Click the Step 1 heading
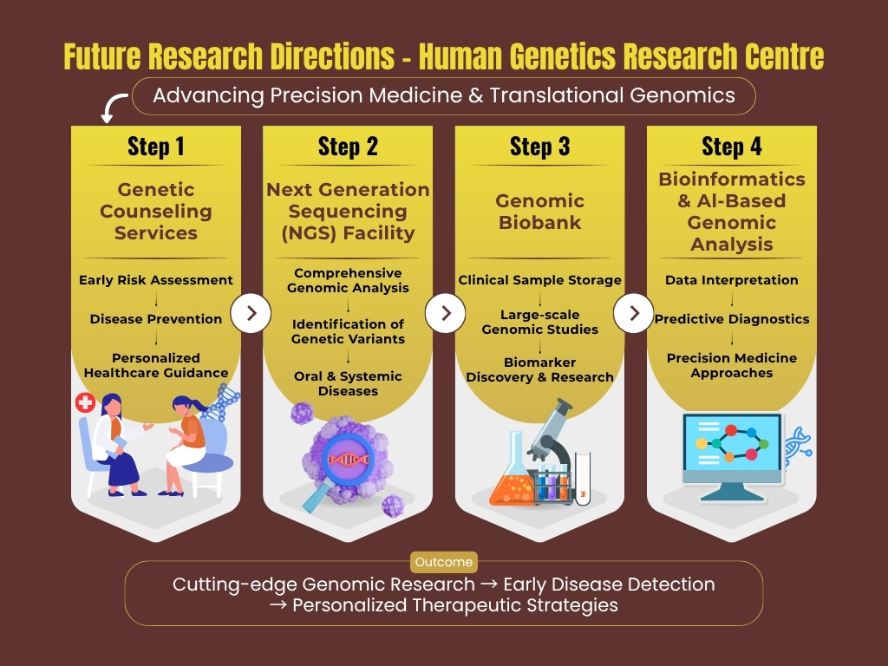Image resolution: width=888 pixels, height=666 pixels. click(x=156, y=147)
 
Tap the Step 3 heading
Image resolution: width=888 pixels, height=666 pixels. click(x=539, y=147)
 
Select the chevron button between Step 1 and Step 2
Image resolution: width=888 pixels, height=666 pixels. click(x=251, y=313)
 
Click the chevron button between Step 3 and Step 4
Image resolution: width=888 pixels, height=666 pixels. click(x=634, y=313)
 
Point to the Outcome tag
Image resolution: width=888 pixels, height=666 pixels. click(x=443, y=562)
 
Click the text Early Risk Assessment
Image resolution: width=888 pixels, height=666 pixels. click(x=156, y=280)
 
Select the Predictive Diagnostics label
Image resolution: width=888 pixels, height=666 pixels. click(x=732, y=319)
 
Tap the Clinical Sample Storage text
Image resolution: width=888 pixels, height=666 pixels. click(x=539, y=280)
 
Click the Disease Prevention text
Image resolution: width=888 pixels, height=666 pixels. click(x=156, y=319)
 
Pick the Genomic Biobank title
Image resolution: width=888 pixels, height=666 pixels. click(x=539, y=212)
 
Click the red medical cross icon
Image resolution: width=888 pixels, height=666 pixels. click(x=85, y=402)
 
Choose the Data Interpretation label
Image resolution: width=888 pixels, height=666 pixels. click(x=732, y=280)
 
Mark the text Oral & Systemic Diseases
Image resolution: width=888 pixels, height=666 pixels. click(x=348, y=383)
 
